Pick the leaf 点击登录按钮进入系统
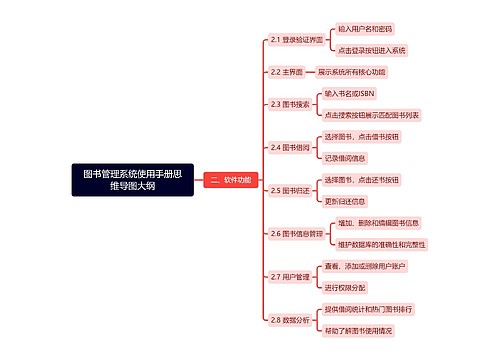372,49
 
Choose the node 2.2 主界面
286,73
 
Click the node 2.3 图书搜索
291,104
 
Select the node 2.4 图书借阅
291,147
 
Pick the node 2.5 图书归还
291,190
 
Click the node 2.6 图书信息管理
297,233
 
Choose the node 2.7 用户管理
291,276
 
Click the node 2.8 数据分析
291,319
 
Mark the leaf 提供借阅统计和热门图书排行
375,310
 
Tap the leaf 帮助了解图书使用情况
365,329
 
